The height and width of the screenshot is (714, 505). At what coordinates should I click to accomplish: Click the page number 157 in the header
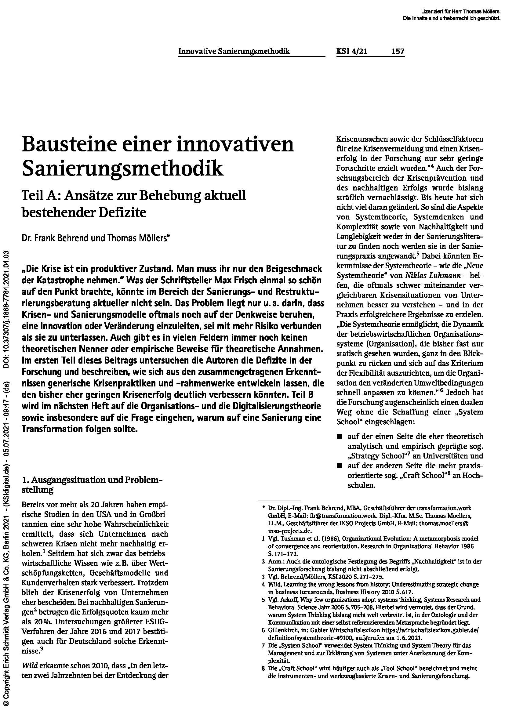398,51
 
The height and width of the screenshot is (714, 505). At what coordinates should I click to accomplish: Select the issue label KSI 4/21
351,51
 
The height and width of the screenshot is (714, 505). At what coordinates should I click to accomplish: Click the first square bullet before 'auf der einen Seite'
340,437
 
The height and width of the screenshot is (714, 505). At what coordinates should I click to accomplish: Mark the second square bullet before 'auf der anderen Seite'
340,466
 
